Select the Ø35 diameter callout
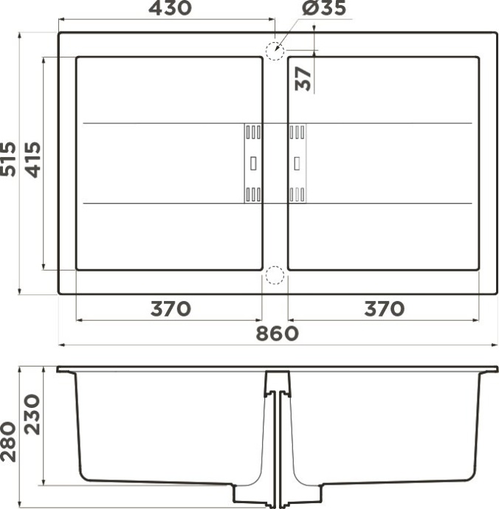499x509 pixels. click(x=323, y=9)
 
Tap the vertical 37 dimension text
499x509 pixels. click(x=303, y=77)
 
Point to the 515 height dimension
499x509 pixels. click(x=9, y=159)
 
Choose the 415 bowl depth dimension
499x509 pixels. click(x=32, y=159)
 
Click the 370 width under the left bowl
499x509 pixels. click(x=171, y=308)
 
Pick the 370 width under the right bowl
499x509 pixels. click(x=384, y=308)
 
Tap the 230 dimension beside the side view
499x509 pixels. click(x=32, y=415)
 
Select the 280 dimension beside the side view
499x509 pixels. click(x=9, y=441)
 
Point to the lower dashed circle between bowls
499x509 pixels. click(x=274, y=275)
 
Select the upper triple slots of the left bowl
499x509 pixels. click(x=252, y=132)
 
